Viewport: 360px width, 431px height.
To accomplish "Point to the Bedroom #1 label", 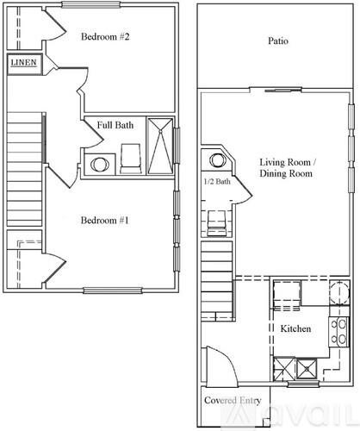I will tap(104, 221).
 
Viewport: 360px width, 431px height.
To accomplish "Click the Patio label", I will tap(277, 41).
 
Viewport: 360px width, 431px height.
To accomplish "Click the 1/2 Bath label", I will tap(216, 182).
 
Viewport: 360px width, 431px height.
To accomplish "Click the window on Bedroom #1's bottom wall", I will tap(112, 289).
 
